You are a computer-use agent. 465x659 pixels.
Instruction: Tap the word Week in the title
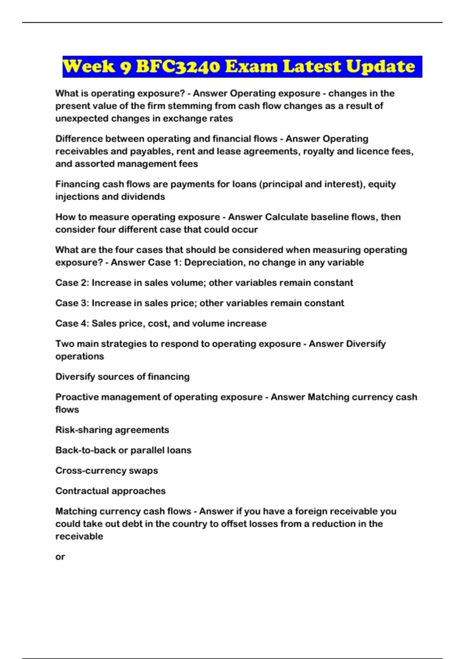89,67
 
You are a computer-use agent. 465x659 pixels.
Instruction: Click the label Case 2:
72,283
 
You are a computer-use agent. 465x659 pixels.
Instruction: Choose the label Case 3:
72,303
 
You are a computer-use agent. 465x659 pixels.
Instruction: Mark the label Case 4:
72,323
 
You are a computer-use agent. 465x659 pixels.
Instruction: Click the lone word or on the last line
60,557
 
